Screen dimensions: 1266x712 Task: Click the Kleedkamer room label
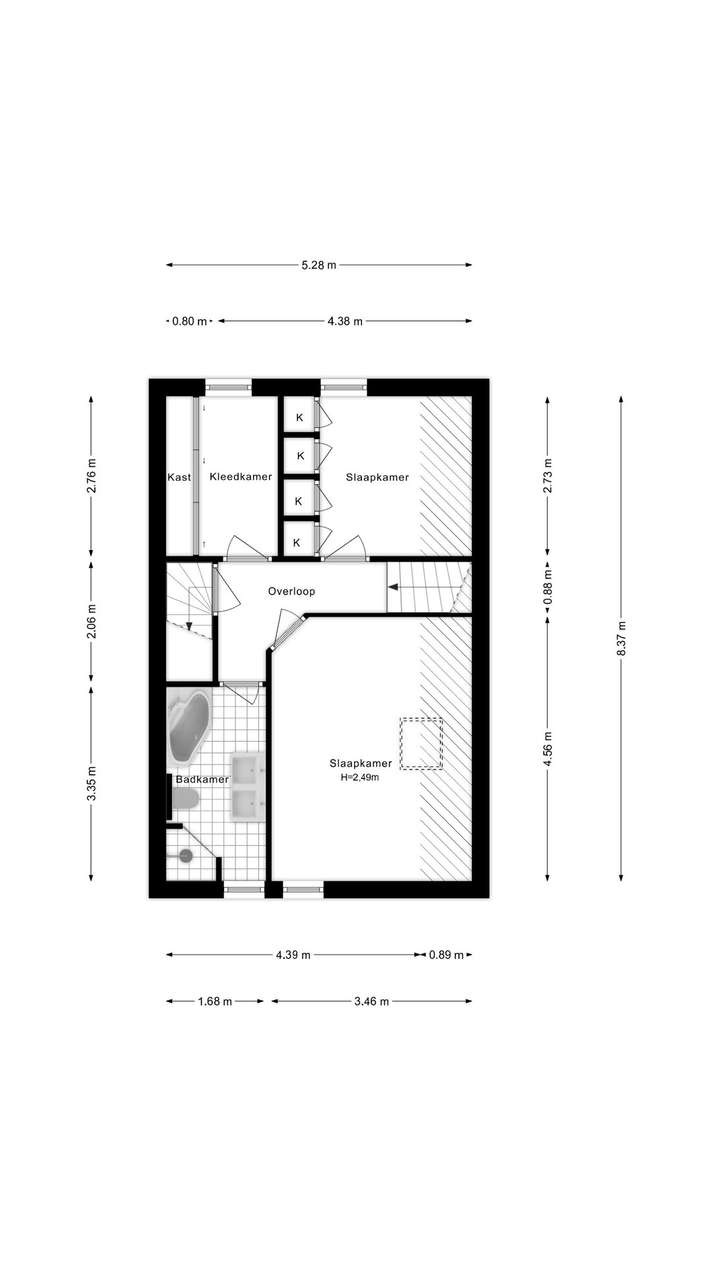click(x=241, y=477)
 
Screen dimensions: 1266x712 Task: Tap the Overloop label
click(x=291, y=591)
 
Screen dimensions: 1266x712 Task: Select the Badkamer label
click(x=202, y=779)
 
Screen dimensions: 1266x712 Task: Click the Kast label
click(x=179, y=477)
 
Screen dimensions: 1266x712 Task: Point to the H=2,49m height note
click(x=359, y=777)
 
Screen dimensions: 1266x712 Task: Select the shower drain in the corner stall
click(x=186, y=856)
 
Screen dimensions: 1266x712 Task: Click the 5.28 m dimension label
click(x=319, y=265)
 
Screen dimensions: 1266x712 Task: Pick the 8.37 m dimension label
click(x=621, y=638)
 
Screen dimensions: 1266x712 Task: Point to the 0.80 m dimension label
click(x=189, y=322)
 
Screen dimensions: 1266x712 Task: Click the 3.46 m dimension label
click(x=372, y=1002)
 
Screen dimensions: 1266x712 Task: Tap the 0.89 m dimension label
click(x=446, y=955)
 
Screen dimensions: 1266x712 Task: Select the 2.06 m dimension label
click(x=91, y=622)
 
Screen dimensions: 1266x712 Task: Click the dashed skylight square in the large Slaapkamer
click(x=421, y=743)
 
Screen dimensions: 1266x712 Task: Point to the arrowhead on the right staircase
click(x=393, y=587)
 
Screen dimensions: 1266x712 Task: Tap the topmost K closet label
click(x=299, y=417)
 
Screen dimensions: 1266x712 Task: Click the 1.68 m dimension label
click(x=215, y=1002)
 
